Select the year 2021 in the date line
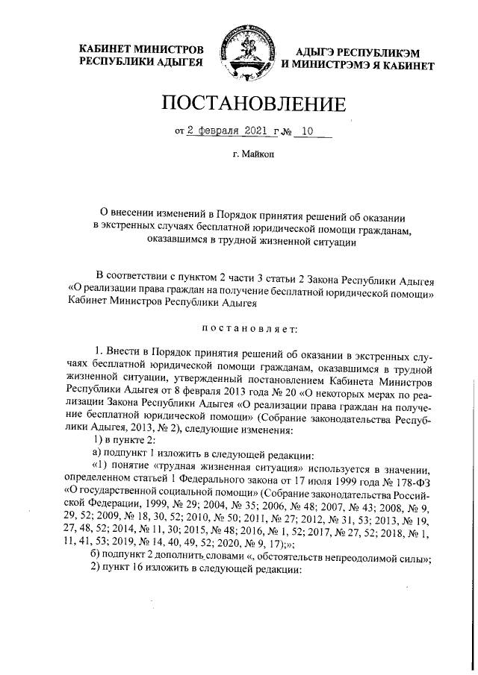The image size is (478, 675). coord(255,131)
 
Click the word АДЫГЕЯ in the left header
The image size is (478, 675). coord(180,63)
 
